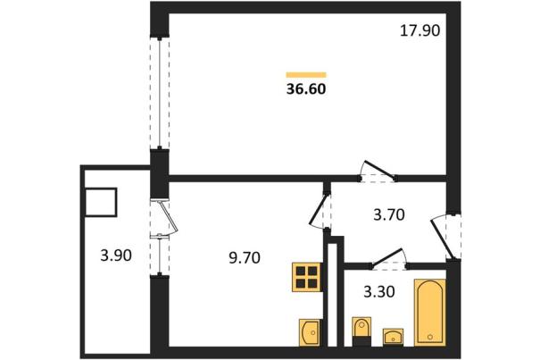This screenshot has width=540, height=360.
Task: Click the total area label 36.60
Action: [x=306, y=89]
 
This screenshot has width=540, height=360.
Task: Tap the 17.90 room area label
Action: [x=420, y=30]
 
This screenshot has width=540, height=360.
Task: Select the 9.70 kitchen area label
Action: [x=245, y=257]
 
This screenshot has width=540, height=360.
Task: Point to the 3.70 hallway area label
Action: [x=389, y=214]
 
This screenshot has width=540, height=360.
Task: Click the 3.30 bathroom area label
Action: [x=379, y=292]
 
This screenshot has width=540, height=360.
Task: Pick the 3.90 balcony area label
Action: [x=116, y=255]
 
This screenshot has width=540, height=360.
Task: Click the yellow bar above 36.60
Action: [x=306, y=74]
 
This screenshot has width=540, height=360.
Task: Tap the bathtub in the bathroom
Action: [x=430, y=312]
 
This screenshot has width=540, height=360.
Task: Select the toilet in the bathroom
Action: [x=361, y=331]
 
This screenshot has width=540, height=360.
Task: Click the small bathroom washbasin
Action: [x=393, y=337]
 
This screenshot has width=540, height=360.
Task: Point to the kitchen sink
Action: [x=310, y=332]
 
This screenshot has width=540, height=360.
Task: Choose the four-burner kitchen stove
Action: [x=307, y=277]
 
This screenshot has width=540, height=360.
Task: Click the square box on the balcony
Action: [x=101, y=202]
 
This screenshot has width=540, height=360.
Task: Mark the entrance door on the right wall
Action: [x=446, y=236]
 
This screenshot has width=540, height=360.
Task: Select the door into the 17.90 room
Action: [x=378, y=172]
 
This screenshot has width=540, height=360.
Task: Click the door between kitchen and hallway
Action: [x=320, y=211]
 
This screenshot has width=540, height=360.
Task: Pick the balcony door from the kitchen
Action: [x=164, y=218]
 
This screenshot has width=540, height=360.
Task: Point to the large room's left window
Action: [x=160, y=94]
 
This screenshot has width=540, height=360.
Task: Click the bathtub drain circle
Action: [x=430, y=337]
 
